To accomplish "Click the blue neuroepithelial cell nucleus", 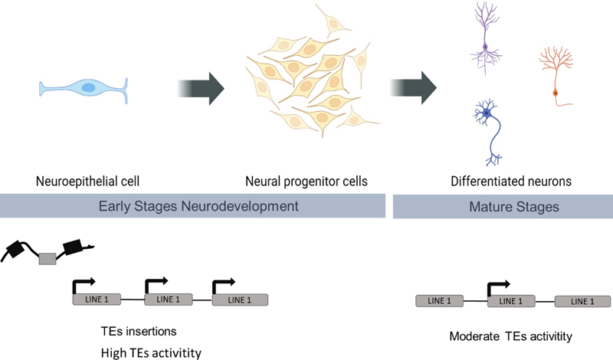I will point(88,88).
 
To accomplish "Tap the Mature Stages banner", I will point(503,207).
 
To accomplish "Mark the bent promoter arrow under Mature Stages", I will point(497,287).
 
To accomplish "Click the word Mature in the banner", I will point(480,207).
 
